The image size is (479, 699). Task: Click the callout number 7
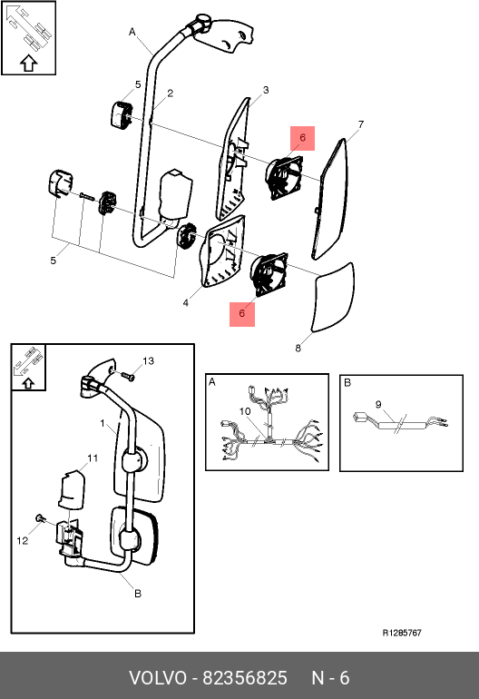[361, 124]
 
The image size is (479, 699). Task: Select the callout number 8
[298, 348]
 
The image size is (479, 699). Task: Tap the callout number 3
[266, 90]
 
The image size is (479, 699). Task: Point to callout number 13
[149, 360]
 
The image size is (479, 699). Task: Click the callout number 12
[23, 541]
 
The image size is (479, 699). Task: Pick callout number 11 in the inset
[93, 458]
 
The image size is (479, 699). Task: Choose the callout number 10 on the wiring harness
[245, 411]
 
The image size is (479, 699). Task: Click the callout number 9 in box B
[378, 404]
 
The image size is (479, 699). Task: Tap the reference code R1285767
[402, 633]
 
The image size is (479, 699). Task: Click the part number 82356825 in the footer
[245, 678]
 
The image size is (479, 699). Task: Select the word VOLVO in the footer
[158, 678]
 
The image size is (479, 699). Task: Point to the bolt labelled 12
[41, 518]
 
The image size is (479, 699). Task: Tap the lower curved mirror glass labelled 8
[335, 298]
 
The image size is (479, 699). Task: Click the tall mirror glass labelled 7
[330, 199]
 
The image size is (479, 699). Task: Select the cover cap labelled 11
[72, 488]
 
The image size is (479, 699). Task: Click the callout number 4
[185, 303]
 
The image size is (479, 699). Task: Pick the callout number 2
[171, 94]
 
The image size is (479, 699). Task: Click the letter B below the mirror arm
[138, 594]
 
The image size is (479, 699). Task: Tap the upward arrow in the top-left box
[28, 64]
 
